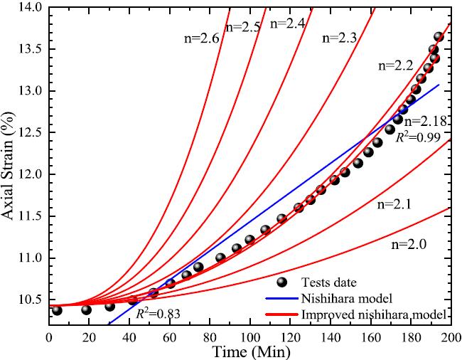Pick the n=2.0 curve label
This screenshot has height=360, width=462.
410,244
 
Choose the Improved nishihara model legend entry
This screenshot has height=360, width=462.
359,314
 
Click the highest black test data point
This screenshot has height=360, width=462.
439,37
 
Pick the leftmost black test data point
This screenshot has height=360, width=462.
57,310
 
